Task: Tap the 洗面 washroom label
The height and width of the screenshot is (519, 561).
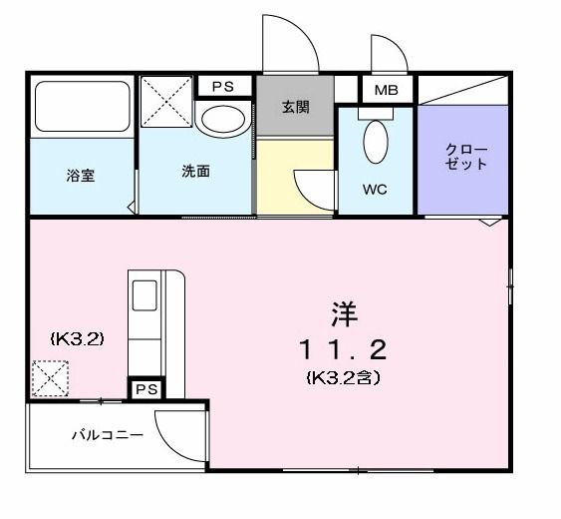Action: [x=195, y=171]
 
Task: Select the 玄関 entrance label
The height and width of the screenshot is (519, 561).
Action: [x=296, y=107]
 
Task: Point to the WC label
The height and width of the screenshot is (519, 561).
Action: [x=376, y=187]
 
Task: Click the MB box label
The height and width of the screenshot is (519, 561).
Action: [x=386, y=91]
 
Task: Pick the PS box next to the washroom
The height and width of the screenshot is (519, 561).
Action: [x=222, y=87]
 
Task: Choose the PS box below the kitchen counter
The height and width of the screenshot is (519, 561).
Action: [x=146, y=388]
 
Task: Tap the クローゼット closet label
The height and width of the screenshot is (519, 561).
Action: [x=466, y=157]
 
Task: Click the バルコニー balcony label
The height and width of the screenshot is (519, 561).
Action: [x=107, y=435]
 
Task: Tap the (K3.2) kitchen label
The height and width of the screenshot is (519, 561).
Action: [x=78, y=338]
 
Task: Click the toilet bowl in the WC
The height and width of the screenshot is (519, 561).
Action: [x=376, y=142]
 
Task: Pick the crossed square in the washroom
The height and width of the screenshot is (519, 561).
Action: [x=166, y=104]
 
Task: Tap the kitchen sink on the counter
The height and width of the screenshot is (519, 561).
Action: [x=145, y=296]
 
